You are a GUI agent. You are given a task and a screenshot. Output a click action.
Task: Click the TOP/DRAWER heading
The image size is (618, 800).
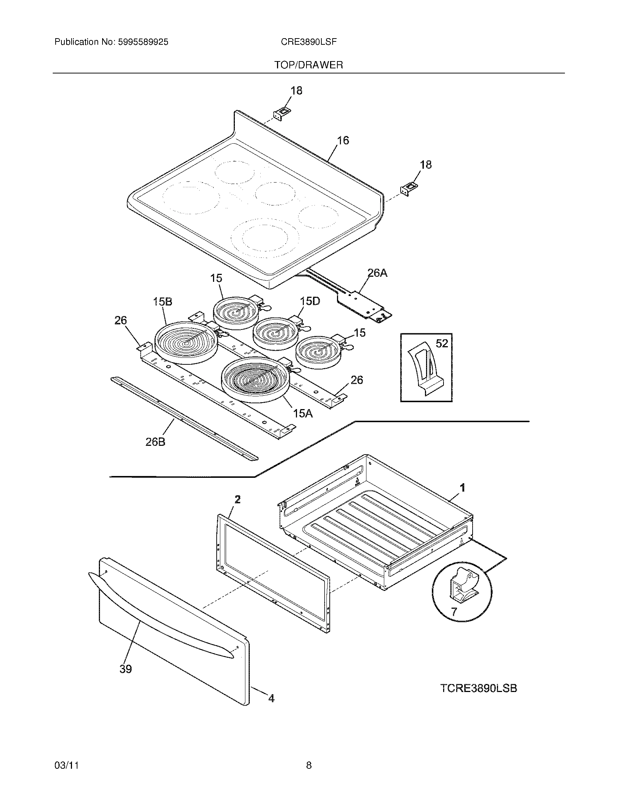309,65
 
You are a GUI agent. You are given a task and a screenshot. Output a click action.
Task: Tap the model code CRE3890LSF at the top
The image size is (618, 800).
309,42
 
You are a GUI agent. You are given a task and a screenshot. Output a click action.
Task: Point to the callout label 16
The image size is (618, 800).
343,140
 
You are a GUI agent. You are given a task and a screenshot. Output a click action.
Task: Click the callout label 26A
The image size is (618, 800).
377,273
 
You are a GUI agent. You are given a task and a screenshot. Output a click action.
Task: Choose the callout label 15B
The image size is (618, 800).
162,301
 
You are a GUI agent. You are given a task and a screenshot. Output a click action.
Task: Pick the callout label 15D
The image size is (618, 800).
310,301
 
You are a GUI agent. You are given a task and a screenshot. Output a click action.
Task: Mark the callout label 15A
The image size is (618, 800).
303,413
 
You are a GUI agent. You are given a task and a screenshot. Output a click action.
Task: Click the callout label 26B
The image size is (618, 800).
155,442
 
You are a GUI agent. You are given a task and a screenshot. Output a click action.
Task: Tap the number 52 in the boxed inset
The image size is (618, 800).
442,343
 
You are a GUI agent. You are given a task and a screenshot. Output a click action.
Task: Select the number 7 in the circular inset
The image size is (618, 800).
454,611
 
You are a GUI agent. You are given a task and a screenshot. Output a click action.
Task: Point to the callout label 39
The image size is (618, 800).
125,669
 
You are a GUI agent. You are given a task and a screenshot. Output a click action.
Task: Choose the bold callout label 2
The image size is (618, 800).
238,499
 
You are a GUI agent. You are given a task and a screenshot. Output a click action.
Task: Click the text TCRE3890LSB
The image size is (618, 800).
478,688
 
